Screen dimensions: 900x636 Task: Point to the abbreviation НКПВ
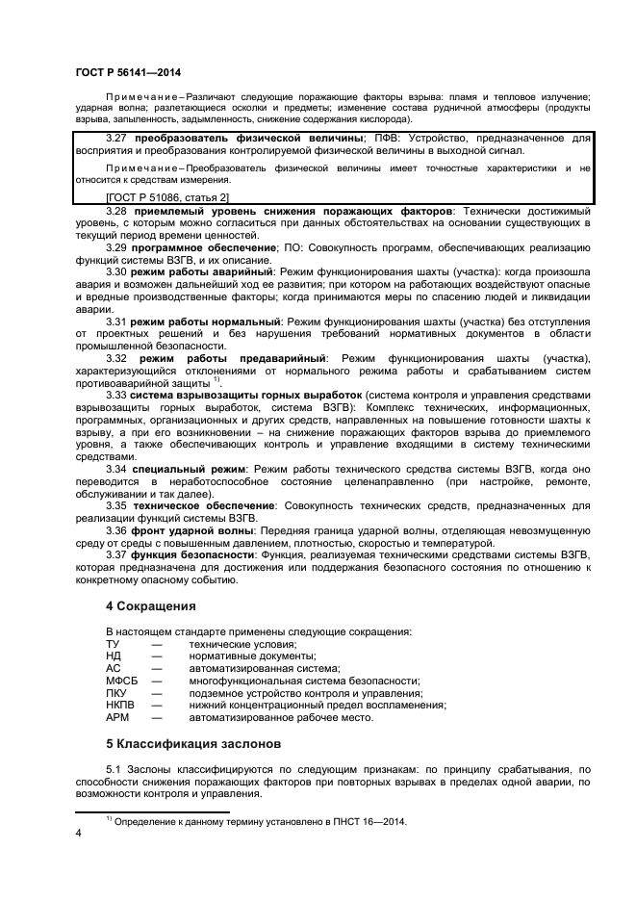(120, 706)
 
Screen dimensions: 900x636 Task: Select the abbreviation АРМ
(116, 718)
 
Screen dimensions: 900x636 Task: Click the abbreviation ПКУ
(116, 693)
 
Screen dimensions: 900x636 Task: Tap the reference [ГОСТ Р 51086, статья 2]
(167, 197)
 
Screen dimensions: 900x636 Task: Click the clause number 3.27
(118, 139)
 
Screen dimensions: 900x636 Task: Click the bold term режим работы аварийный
(207, 272)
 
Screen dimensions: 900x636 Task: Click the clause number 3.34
(117, 467)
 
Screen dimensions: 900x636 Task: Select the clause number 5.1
(114, 769)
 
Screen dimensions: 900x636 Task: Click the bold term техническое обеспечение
(204, 504)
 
